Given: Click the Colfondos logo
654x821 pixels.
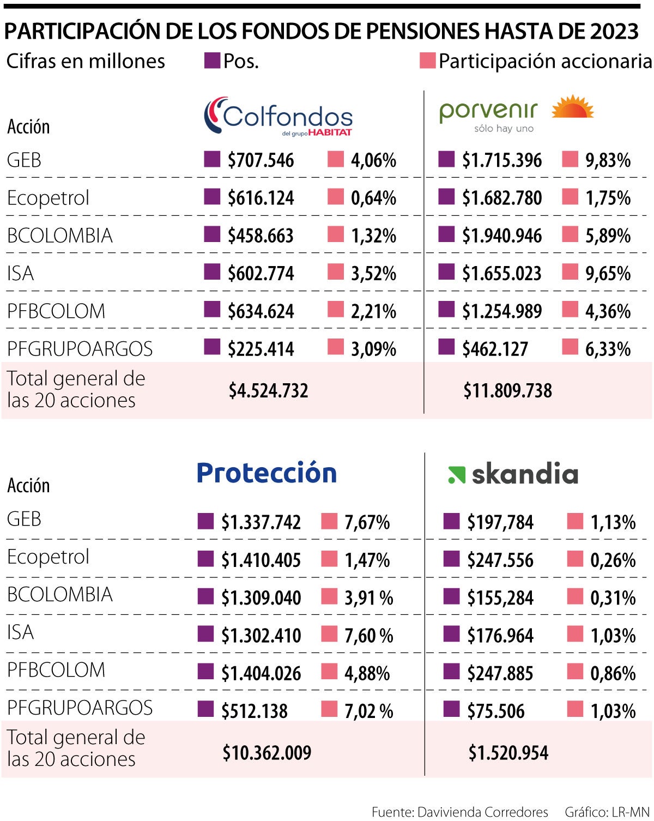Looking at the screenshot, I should point(278,116).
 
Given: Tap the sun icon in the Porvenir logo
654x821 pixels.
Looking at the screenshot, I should point(572,107).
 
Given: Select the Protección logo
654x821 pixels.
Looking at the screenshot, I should point(267,473).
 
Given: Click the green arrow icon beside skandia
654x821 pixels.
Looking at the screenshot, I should point(456,475).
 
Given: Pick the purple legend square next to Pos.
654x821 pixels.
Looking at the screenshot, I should point(212,61).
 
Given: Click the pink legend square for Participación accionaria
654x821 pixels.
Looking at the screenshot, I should point(427,61).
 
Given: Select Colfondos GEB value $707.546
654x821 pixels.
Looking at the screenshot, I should point(261,160).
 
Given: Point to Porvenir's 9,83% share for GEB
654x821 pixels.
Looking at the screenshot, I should point(608,160).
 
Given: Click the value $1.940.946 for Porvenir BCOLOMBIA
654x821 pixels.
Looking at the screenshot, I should point(501,236).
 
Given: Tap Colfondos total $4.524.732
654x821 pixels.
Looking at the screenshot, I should point(268,390).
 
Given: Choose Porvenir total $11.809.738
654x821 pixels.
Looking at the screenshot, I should point(507,390).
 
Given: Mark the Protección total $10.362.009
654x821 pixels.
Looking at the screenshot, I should point(267,753).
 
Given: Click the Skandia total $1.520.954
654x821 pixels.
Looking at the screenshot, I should point(508,753).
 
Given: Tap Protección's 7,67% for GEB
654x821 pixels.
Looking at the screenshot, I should point(367,522).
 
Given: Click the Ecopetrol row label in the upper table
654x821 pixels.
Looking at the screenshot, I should point(48,198).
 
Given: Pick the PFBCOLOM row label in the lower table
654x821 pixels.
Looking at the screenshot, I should point(56,670).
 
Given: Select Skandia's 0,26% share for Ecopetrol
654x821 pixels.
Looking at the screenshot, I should point(613,560).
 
